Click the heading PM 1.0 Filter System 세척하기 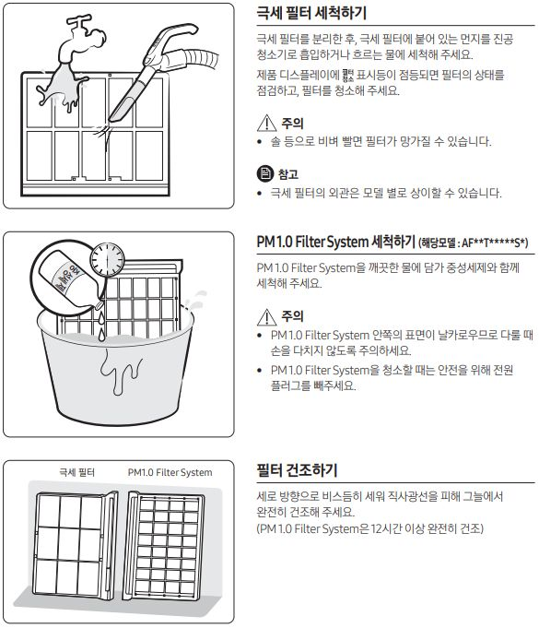pos(335,242)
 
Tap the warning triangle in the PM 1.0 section pos(266,315)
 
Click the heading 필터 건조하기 pos(296,470)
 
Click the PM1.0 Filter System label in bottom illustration pos(170,473)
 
